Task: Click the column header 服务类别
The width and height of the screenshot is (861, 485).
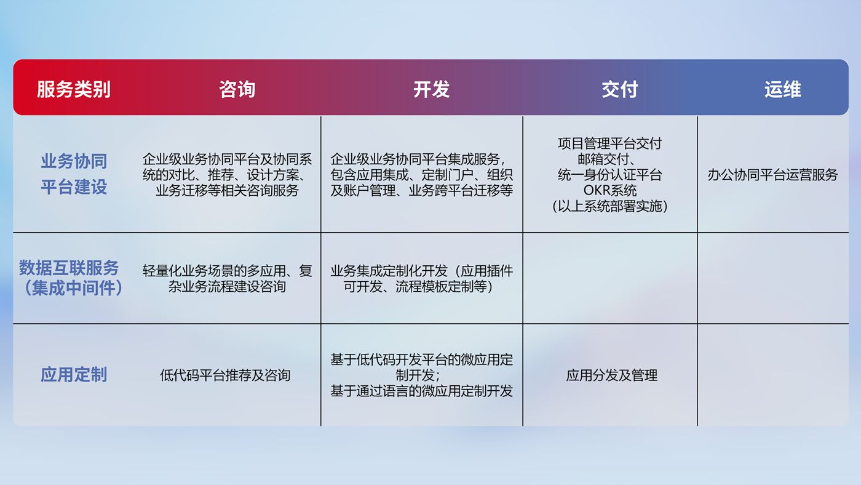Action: click(x=73, y=89)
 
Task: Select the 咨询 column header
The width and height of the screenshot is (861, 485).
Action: click(x=237, y=89)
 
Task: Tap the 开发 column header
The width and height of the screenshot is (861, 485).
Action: click(x=431, y=89)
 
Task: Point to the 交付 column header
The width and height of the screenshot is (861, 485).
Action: click(x=620, y=89)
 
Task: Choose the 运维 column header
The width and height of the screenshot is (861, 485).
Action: click(x=782, y=89)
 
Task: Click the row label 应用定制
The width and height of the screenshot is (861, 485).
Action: click(x=74, y=375)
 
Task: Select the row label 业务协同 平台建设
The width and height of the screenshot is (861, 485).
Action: click(x=74, y=174)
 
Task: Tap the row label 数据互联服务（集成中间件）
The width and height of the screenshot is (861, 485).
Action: click(x=71, y=278)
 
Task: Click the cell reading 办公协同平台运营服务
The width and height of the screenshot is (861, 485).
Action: click(x=772, y=175)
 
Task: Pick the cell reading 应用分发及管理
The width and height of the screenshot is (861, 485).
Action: click(x=611, y=375)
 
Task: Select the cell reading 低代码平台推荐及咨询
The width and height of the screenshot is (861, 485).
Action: click(x=225, y=375)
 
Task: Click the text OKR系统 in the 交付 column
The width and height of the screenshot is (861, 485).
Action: click(x=610, y=190)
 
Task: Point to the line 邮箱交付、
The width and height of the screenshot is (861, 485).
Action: click(x=606, y=159)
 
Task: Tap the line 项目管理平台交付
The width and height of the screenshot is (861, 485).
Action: click(x=610, y=143)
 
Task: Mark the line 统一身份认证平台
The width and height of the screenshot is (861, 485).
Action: click(x=610, y=175)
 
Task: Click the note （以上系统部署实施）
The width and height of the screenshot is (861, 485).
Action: click(x=610, y=206)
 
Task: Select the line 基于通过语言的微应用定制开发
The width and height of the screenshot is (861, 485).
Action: click(x=422, y=391)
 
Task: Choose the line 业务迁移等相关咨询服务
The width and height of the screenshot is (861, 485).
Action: click(x=227, y=190)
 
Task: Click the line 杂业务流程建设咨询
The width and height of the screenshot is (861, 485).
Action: click(x=227, y=287)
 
